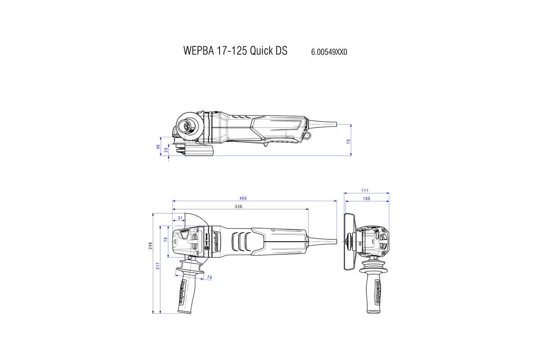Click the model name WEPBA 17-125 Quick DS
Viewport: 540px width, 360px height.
point(235,50)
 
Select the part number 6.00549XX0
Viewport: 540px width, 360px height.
point(329,52)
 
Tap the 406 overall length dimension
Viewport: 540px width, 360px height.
point(243,198)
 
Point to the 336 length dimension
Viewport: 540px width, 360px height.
point(238,207)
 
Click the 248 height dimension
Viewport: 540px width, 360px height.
point(151,245)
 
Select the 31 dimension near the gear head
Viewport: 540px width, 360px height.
point(180,218)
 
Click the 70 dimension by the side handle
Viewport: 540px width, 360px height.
point(209,278)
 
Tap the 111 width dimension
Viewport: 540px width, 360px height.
point(365,191)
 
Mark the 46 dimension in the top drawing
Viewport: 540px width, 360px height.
point(158,147)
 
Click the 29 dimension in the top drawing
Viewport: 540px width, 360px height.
point(166,150)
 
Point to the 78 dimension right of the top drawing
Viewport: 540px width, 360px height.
point(348,141)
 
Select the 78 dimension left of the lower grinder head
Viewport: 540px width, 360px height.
point(165,241)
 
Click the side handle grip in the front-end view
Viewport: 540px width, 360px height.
point(373,290)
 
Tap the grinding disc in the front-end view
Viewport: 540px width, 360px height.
point(348,242)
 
